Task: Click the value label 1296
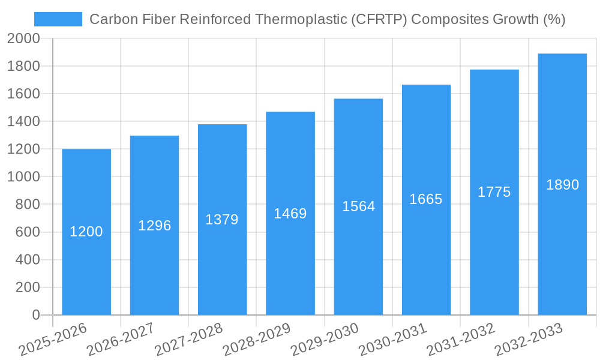point(155,226)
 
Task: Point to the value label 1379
point(222,220)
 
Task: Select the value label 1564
point(358,206)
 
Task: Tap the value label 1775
point(494,192)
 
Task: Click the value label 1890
point(562,185)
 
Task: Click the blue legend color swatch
point(58,19)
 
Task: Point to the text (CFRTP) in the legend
point(379,19)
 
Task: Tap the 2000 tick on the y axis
point(23,38)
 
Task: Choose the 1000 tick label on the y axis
point(23,177)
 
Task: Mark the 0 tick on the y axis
point(35,315)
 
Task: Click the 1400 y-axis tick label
point(23,121)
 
